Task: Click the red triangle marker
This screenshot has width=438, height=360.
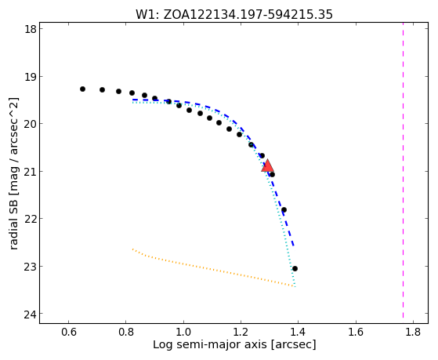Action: pos(268,165)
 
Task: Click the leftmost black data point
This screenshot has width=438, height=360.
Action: pos(82,89)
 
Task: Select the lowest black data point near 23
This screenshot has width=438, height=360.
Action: pos(295,268)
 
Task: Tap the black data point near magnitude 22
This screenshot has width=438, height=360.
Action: pos(284,209)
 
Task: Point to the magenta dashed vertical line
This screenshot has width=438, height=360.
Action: pos(403,170)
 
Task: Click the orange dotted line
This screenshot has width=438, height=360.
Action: pos(213,268)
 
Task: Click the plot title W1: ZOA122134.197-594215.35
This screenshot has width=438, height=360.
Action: pos(234,15)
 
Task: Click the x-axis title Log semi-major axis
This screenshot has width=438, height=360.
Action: pos(234,344)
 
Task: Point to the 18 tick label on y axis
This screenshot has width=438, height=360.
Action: pos(31,29)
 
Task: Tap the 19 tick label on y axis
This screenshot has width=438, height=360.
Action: pos(31,76)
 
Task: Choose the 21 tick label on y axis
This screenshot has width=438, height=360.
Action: pos(31,171)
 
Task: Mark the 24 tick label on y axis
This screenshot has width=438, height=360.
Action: pos(31,314)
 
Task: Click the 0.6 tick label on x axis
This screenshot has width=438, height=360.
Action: pos(68,332)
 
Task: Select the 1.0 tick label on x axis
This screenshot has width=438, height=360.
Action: pos(183,332)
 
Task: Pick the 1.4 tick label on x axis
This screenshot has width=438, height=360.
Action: pos(298,332)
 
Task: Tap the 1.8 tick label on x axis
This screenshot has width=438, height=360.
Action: pos(413,332)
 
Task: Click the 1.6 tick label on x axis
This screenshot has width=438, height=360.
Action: pos(355,332)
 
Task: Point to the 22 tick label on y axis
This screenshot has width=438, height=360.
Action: pos(31,219)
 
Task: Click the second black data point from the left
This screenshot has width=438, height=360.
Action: pos(102,89)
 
